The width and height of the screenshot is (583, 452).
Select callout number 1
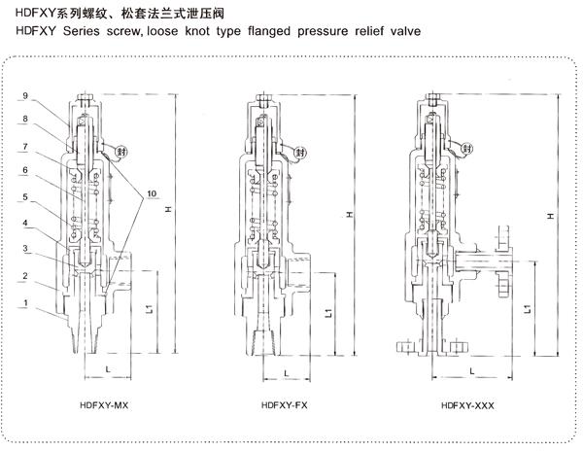tap(24, 303)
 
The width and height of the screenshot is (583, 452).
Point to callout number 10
tap(151, 192)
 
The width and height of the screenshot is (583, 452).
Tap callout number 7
tap(24, 146)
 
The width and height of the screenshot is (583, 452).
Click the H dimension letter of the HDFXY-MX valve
tap(168, 210)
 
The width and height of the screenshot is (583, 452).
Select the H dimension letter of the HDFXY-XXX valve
tap(552, 216)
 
